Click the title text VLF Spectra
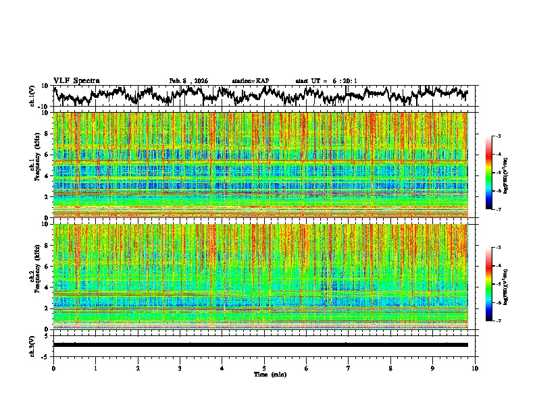[x=76, y=80]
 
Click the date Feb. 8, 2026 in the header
[x=188, y=81]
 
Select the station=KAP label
[x=251, y=81]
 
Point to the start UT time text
[x=326, y=81]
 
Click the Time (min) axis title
[x=264, y=374]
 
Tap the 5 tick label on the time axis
[x=264, y=368]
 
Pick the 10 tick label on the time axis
[x=475, y=368]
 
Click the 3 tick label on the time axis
[x=180, y=368]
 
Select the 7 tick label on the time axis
[x=349, y=368]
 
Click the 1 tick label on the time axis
[x=95, y=368]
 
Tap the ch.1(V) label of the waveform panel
[x=32, y=96]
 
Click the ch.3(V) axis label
[x=32, y=345]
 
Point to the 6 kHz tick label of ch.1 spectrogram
[x=47, y=155]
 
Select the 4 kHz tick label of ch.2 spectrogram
[x=47, y=287]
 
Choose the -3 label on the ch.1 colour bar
[x=498, y=136]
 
